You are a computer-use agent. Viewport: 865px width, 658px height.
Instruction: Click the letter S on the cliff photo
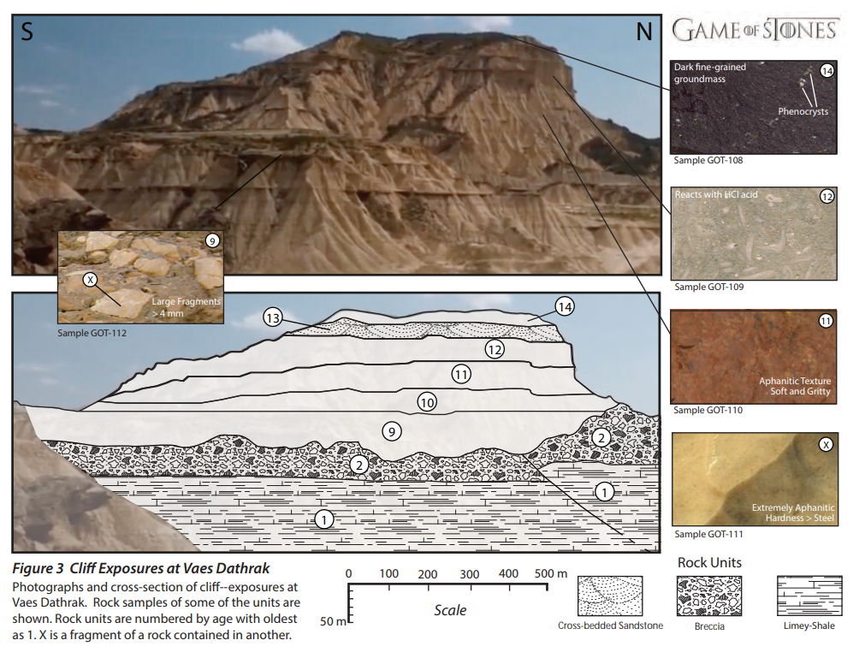(x=27, y=32)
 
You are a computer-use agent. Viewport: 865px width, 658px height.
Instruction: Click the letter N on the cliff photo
(x=643, y=32)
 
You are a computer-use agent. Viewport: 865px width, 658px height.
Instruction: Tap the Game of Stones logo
(x=755, y=30)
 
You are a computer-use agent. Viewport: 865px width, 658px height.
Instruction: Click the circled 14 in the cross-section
(x=565, y=306)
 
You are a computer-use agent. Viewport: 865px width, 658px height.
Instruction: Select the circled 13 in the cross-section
(x=273, y=317)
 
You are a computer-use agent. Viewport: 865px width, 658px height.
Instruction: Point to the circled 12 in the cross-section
(x=495, y=349)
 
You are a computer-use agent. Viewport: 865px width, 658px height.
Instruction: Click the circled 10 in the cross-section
(x=427, y=403)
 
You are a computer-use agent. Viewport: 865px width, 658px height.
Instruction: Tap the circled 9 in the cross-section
(x=392, y=431)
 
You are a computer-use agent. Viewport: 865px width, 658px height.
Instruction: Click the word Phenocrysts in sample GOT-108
(x=803, y=111)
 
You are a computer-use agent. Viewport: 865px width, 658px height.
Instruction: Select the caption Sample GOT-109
(x=709, y=287)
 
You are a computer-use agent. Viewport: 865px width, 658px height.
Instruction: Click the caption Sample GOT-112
(x=92, y=333)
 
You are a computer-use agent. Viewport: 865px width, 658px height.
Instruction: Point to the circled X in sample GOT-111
(x=826, y=445)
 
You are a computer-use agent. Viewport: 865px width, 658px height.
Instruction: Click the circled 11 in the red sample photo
(x=826, y=321)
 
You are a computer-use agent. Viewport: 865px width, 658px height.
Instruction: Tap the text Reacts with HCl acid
(x=716, y=195)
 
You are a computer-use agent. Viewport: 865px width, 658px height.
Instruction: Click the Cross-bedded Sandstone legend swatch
(x=610, y=596)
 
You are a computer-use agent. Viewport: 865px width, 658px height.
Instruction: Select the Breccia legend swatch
(x=709, y=596)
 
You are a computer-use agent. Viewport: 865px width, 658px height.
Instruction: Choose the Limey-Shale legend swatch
(x=809, y=596)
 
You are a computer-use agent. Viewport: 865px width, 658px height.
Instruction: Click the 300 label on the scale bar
(x=469, y=574)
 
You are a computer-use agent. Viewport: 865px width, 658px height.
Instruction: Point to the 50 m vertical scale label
(x=333, y=621)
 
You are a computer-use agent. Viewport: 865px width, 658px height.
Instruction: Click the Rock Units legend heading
(x=709, y=562)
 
